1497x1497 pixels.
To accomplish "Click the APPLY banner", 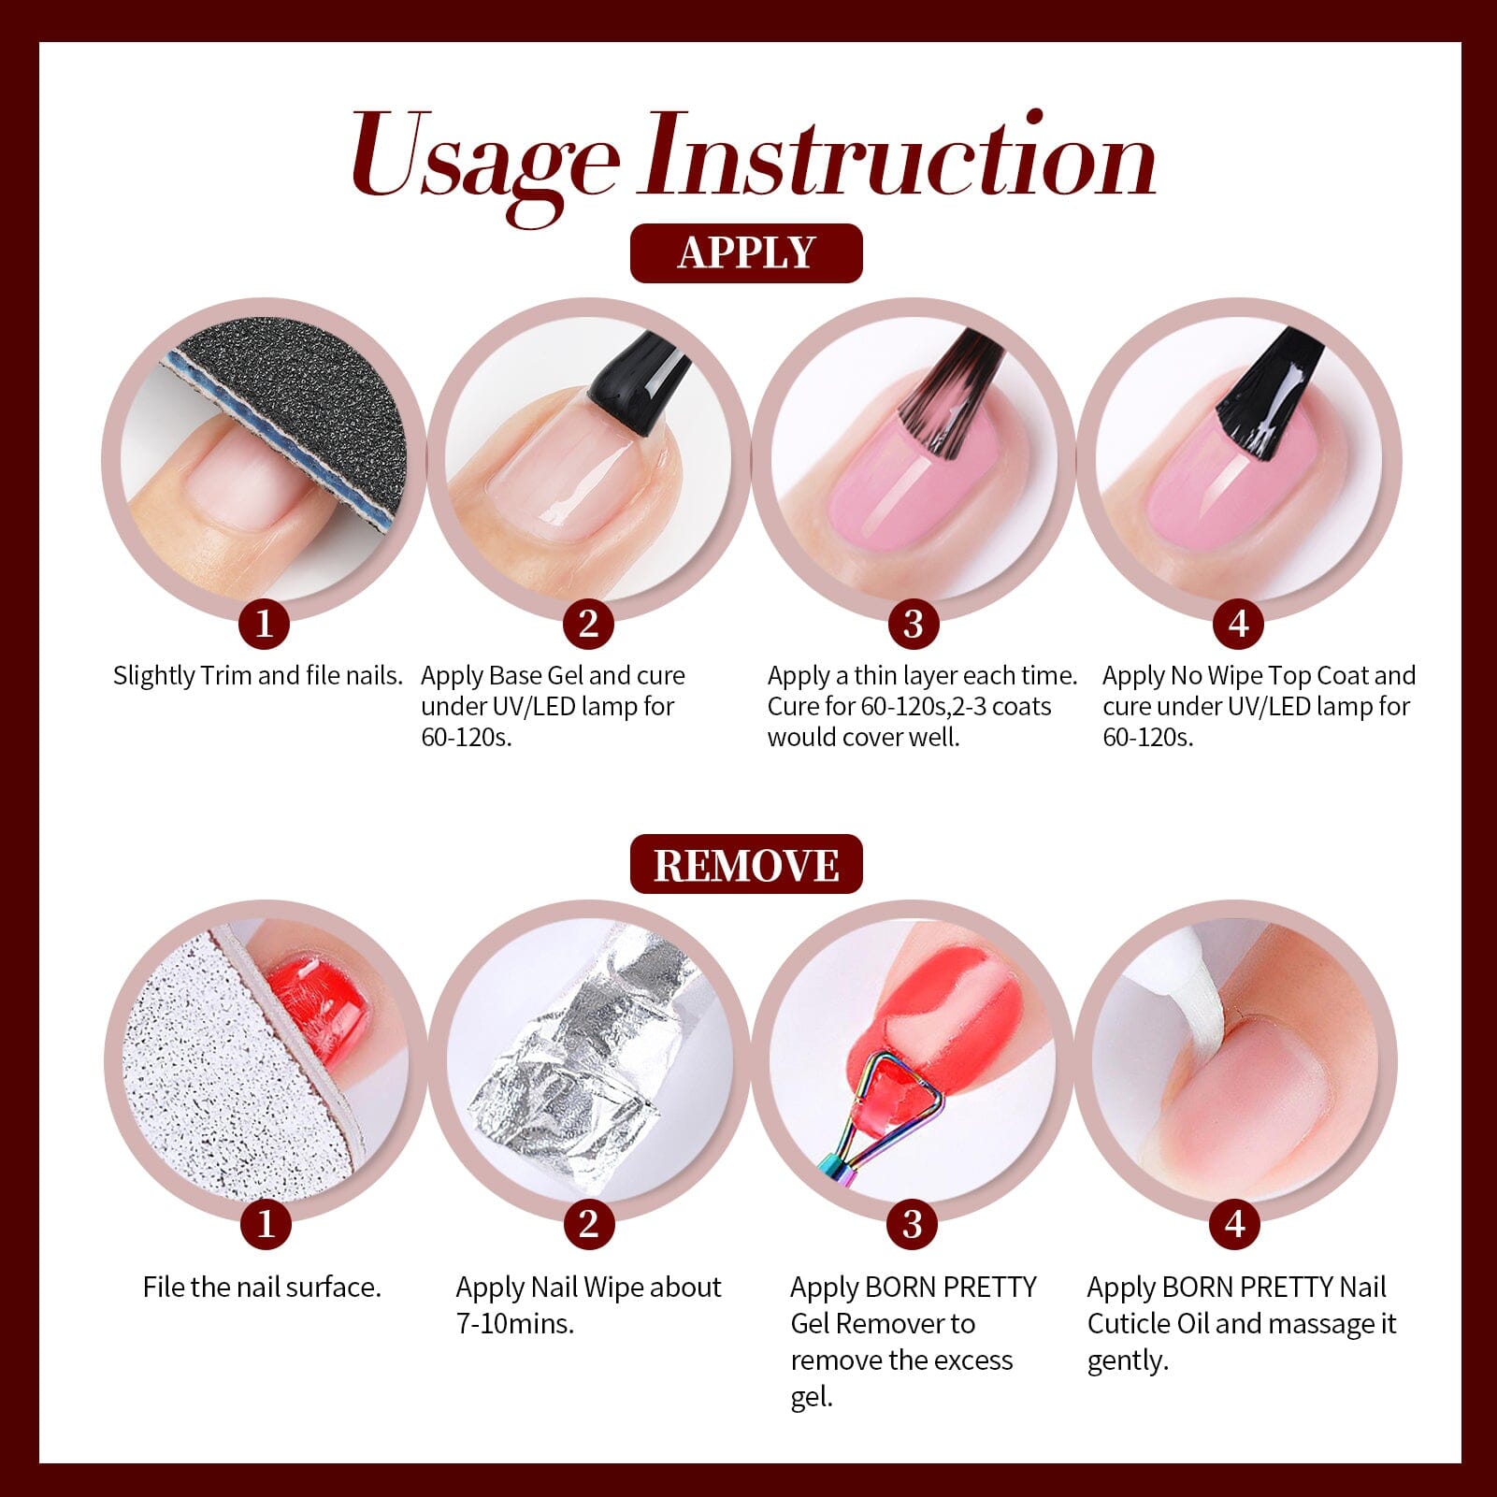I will (x=745, y=253).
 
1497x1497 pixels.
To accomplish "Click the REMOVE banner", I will (x=745, y=865).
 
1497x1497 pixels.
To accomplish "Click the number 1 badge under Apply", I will (x=264, y=624).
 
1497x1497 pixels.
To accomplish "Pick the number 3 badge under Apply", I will (x=913, y=624).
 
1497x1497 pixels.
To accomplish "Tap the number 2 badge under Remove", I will (x=588, y=1224).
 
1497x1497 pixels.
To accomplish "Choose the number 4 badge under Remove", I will (x=1236, y=1224).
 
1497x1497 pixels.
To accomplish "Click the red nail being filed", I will (x=323, y=1005).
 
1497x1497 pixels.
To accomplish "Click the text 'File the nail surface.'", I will (x=262, y=1288).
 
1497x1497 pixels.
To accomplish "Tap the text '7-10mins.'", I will (x=514, y=1324).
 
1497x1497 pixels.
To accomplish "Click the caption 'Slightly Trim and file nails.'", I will (x=257, y=675).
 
